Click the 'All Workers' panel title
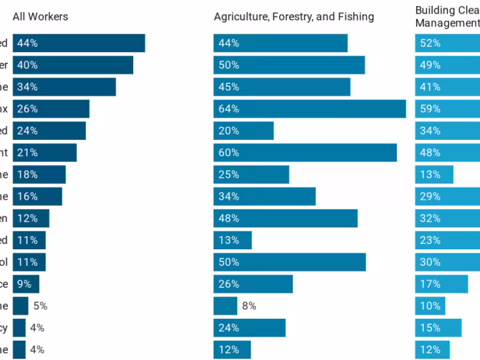pyautogui.click(x=40, y=16)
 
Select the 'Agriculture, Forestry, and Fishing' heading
pyautogui.click(x=293, y=17)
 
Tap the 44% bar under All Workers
pyautogui.click(x=79, y=43)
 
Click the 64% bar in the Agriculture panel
pyautogui.click(x=309, y=109)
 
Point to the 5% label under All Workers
pyautogui.click(x=40, y=306)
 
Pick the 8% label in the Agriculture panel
pyautogui.click(x=249, y=306)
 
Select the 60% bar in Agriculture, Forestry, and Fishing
pyautogui.click(x=305, y=153)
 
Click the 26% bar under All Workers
pyautogui.click(x=51, y=109)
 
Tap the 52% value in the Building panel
pyautogui.click(x=429, y=43)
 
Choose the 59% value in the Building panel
pyautogui.click(x=429, y=109)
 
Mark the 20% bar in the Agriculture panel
pyautogui.click(x=243, y=131)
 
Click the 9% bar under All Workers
pyautogui.click(x=26, y=284)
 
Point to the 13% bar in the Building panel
pyautogui.click(x=434, y=175)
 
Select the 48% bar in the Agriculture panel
pyautogui.click(x=285, y=219)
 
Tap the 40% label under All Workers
pyautogui.click(x=27, y=65)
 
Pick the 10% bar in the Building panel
pyautogui.click(x=430, y=306)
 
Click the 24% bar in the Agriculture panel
pyautogui.click(x=249, y=328)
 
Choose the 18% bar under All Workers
pyautogui.click(x=39, y=175)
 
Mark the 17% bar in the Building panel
pyautogui.click(x=441, y=284)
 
